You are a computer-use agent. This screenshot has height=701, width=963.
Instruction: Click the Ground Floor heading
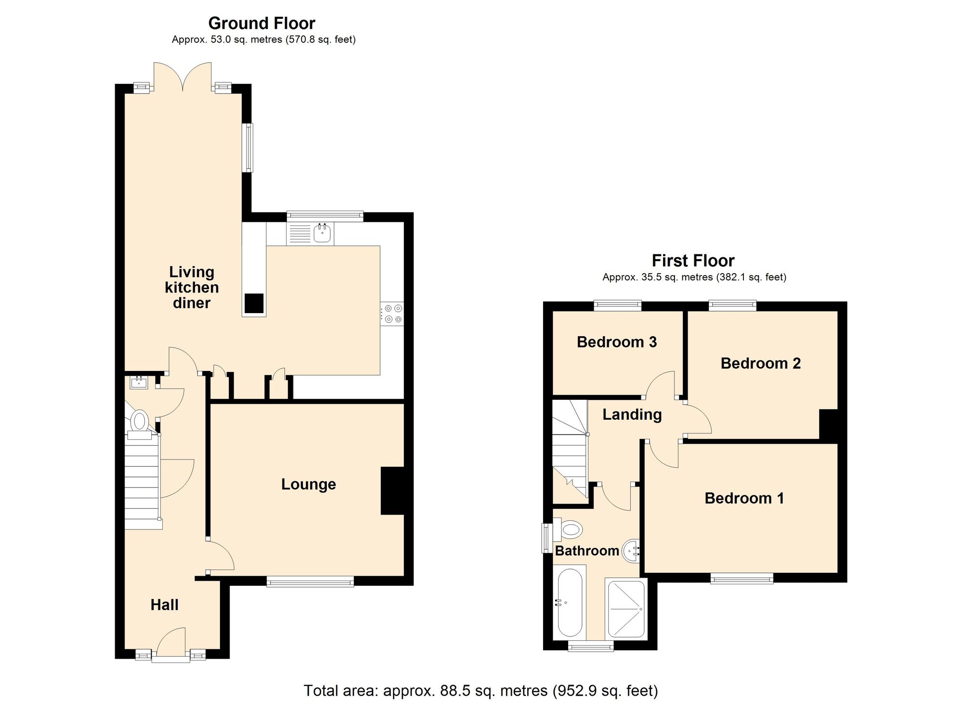[x=261, y=23]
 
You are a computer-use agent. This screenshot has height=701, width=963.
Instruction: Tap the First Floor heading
[x=693, y=261]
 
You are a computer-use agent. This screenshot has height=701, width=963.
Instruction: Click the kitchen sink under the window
[x=322, y=234]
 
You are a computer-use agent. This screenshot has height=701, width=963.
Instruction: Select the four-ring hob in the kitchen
[x=392, y=313]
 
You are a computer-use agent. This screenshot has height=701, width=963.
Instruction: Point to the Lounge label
[x=308, y=484]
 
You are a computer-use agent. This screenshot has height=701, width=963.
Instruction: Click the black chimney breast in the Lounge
[x=392, y=490]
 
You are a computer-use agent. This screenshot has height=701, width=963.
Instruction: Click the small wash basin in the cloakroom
[x=139, y=383]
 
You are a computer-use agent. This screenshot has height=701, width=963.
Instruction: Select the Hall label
[x=164, y=605]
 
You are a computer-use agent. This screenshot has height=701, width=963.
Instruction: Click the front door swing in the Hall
[x=172, y=641]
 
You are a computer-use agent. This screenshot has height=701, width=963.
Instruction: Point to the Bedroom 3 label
[x=616, y=342]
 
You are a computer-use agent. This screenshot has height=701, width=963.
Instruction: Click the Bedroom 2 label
[x=760, y=363]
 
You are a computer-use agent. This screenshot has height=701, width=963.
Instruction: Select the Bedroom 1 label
[x=744, y=498]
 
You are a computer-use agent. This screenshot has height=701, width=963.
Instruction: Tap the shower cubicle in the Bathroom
[x=626, y=609]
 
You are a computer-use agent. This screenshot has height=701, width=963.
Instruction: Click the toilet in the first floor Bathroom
[x=570, y=530]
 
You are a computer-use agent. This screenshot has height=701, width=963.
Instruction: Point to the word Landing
[x=632, y=414]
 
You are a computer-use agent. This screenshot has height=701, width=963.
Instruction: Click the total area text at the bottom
[x=481, y=690]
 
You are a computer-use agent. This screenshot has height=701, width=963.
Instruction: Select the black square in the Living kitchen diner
[x=254, y=303]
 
